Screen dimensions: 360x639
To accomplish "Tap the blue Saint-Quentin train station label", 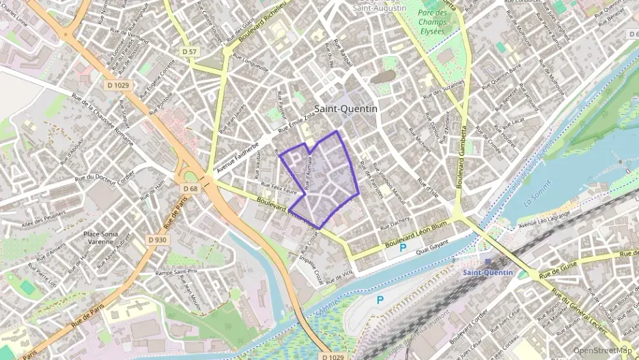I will click(x=488, y=273).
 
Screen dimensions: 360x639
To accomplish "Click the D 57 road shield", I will click(x=190, y=52).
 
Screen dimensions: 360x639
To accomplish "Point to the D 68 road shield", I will click(x=190, y=189).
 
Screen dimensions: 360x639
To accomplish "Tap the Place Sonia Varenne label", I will click(x=100, y=238).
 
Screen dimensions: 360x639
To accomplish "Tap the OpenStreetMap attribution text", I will click(x=603, y=350).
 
